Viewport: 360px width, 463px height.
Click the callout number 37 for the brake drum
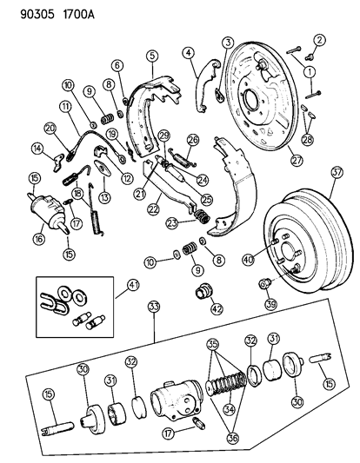click(x=337, y=195)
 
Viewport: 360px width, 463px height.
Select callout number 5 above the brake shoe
click(x=152, y=56)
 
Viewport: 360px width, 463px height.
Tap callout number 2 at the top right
click(x=319, y=40)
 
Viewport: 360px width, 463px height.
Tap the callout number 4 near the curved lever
click(x=187, y=54)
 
